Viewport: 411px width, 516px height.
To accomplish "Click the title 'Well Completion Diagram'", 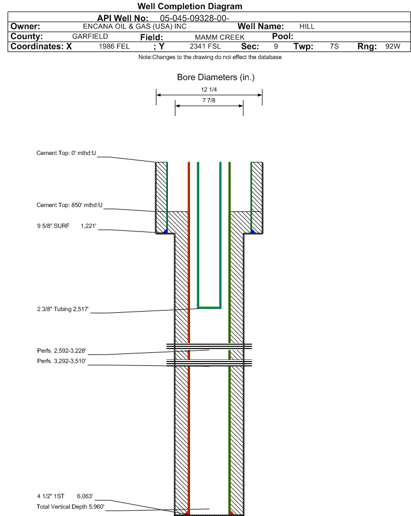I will click(x=190, y=7).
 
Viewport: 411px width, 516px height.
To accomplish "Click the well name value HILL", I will click(x=307, y=27).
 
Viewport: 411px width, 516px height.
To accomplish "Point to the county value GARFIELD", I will click(x=90, y=36).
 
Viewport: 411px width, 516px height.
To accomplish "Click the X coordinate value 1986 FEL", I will click(x=114, y=47).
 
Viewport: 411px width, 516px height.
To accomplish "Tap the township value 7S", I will click(x=334, y=47).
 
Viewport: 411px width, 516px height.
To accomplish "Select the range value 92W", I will click(x=393, y=47).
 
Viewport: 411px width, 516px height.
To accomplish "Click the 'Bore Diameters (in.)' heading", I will click(x=216, y=78).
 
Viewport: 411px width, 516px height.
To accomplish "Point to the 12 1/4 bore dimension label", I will click(x=209, y=89).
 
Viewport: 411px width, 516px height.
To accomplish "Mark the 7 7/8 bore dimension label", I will click(x=209, y=100).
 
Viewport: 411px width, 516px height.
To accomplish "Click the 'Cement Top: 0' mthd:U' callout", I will click(x=66, y=153).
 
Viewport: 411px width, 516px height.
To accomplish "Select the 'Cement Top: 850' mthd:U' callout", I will click(x=69, y=205).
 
